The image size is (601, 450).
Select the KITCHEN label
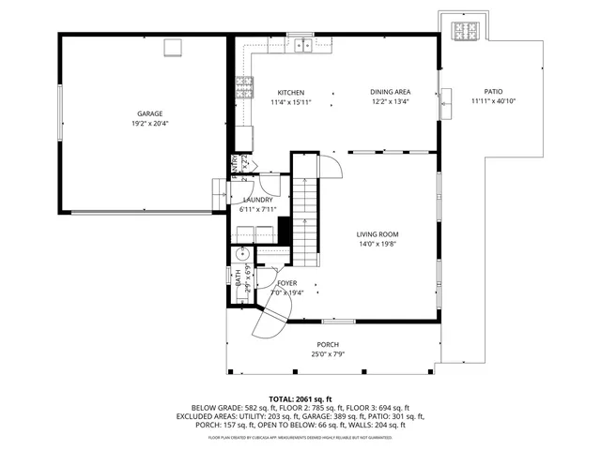290,92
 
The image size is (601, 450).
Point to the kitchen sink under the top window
301,44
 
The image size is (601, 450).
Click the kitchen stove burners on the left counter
245,88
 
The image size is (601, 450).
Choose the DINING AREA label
390,92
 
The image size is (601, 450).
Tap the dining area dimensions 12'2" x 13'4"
390,102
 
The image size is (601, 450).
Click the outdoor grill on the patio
466,32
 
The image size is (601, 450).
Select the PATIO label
493,92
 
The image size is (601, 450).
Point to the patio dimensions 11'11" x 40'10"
493,101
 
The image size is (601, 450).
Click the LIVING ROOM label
378,234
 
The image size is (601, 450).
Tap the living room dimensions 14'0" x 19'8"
378,245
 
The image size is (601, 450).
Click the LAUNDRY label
257,200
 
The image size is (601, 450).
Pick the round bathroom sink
241,252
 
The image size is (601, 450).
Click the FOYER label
286,282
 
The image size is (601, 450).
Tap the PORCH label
327,345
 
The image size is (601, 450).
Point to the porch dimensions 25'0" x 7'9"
327,354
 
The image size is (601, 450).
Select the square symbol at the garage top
174,47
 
